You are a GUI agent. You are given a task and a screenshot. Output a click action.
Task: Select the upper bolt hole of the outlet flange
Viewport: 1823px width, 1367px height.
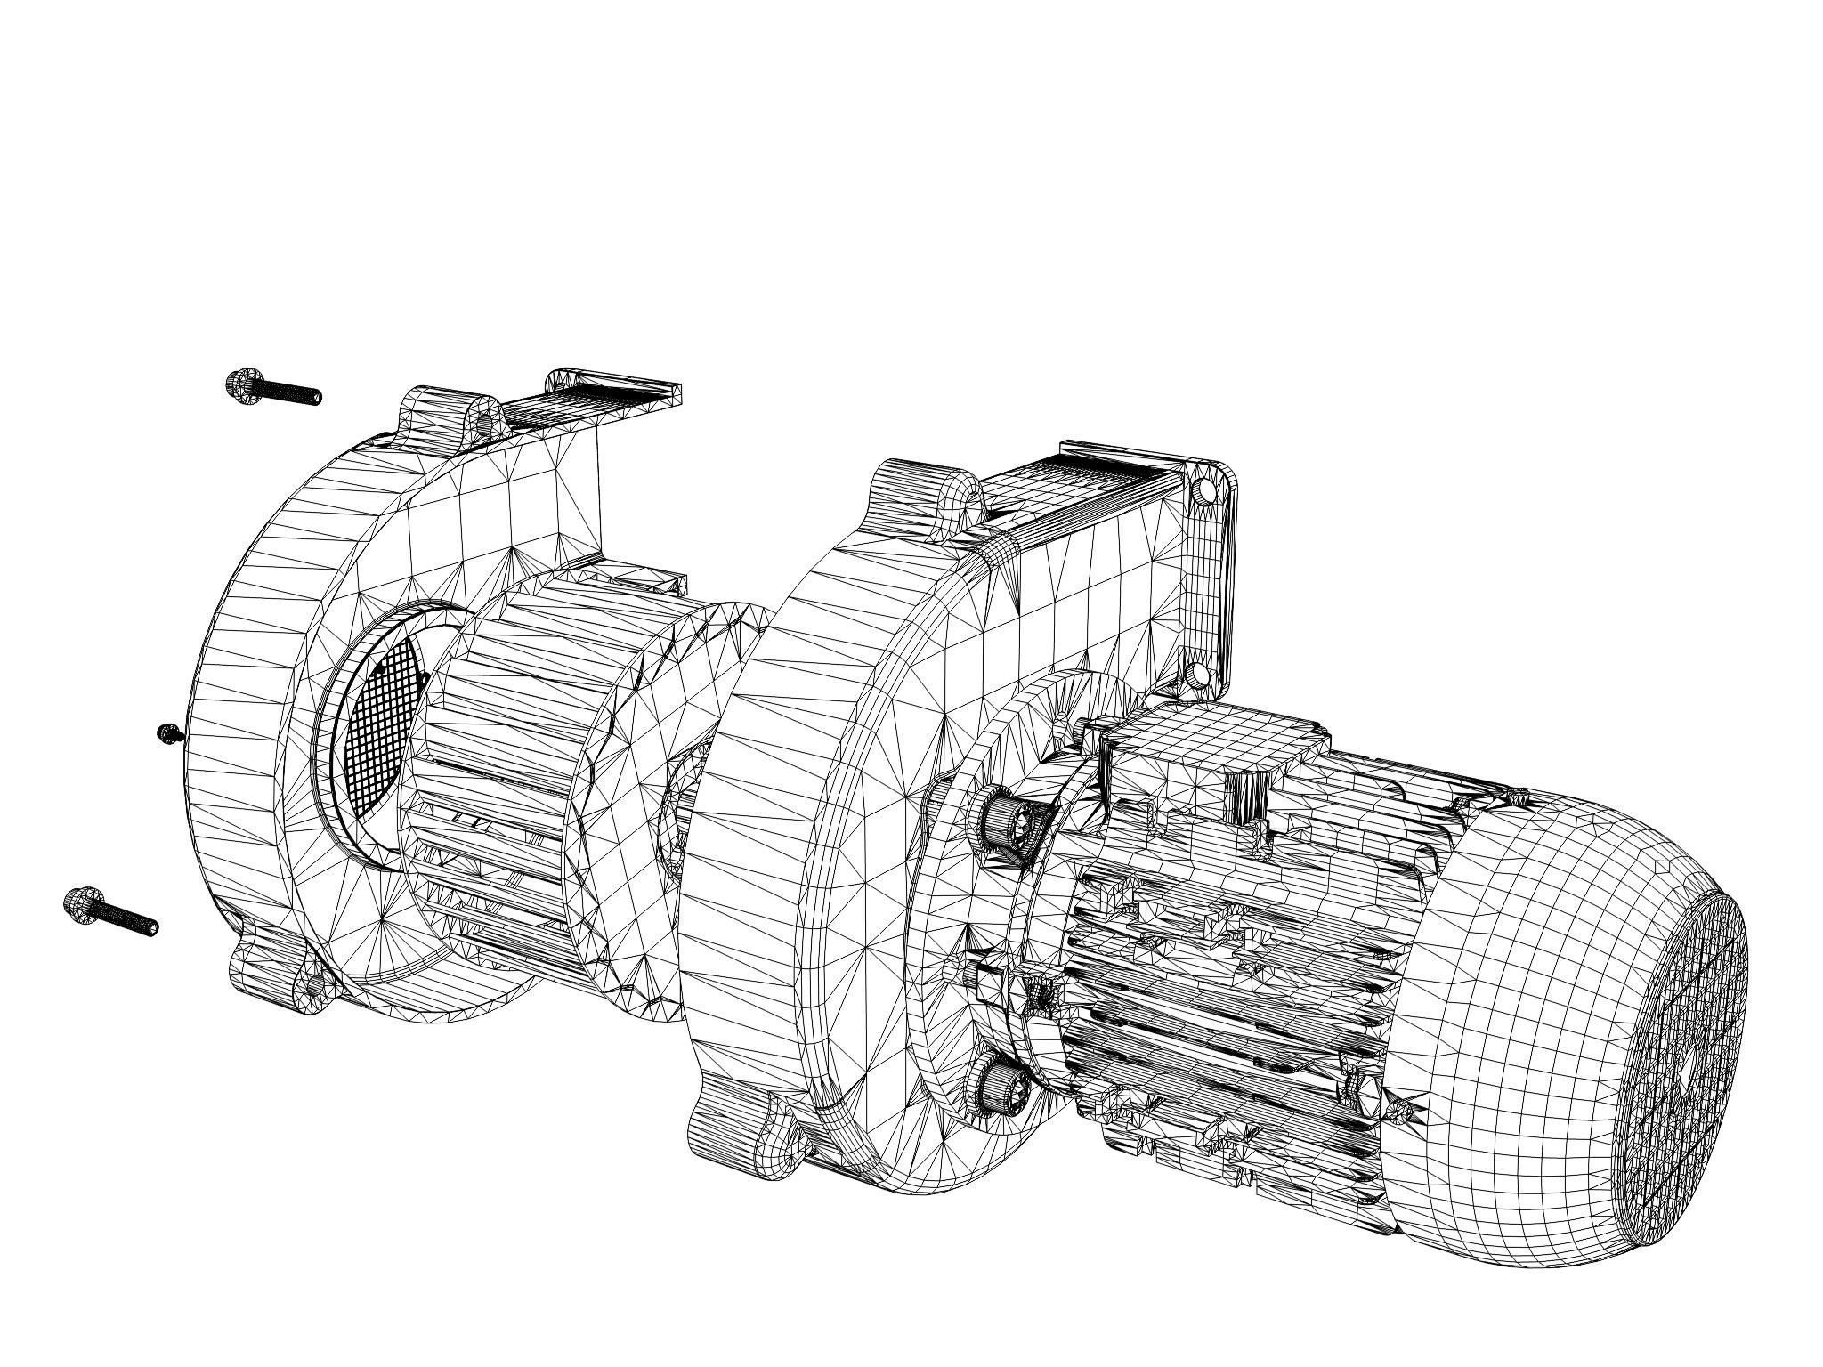point(1206,490)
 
